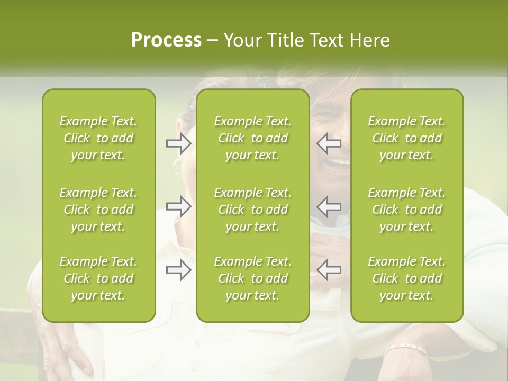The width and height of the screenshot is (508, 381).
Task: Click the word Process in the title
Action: click(166, 40)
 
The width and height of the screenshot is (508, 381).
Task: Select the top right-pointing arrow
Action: click(179, 143)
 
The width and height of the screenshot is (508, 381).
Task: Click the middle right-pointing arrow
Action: click(179, 206)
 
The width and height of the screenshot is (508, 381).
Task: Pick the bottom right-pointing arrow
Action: click(179, 270)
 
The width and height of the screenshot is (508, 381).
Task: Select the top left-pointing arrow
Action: click(329, 143)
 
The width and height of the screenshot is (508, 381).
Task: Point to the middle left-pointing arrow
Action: click(329, 206)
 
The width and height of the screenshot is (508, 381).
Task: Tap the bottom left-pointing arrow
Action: click(329, 270)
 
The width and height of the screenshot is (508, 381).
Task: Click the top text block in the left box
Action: click(98, 138)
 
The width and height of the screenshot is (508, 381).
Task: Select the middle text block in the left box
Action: click(98, 210)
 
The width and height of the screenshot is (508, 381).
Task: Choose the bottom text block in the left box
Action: click(98, 278)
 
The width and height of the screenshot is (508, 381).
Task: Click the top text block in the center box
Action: click(253, 138)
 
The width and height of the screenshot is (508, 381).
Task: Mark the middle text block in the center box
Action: click(253, 210)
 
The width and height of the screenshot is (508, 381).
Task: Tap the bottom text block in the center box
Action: click(253, 278)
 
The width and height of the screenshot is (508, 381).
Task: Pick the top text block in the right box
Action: click(407, 138)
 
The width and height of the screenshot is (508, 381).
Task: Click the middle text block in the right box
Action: click(407, 210)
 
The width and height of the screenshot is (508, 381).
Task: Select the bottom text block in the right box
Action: click(407, 278)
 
